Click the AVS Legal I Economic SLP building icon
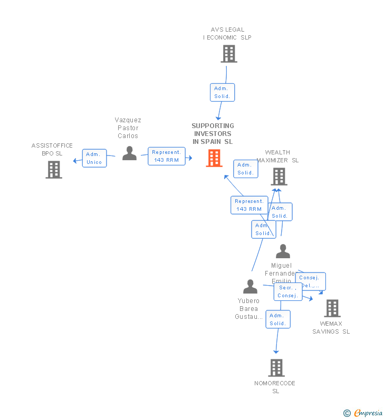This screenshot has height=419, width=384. tap(229, 54)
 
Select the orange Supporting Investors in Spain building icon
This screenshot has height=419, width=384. tap(214, 158)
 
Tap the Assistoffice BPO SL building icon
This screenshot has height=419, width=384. tap(54, 170)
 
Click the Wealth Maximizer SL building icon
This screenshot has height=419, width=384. tap(279, 177)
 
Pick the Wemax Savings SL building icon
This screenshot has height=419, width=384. tap(332, 308)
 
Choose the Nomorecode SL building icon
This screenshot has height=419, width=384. tap(276, 368)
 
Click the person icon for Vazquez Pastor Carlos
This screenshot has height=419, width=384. tap(129, 153)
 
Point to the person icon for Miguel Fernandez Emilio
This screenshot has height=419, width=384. tap(283, 251)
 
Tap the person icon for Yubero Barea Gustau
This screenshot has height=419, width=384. tap(250, 287)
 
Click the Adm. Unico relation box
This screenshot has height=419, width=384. tap(94, 158)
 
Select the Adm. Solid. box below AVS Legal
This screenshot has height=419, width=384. tap(222, 92)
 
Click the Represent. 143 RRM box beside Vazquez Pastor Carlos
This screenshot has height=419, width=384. tap(167, 156)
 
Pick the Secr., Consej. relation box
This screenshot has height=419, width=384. tap(288, 292)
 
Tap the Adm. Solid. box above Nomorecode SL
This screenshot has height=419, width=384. tap(277, 319)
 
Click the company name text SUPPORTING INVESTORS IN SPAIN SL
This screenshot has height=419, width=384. tap(213, 134)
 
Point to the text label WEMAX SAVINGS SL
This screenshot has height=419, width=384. tap(331, 328)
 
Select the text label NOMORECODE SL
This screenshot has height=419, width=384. tap(275, 387)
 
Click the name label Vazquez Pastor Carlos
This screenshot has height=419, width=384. tap(128, 128)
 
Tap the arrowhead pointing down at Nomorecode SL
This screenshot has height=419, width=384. tap(276, 351)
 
